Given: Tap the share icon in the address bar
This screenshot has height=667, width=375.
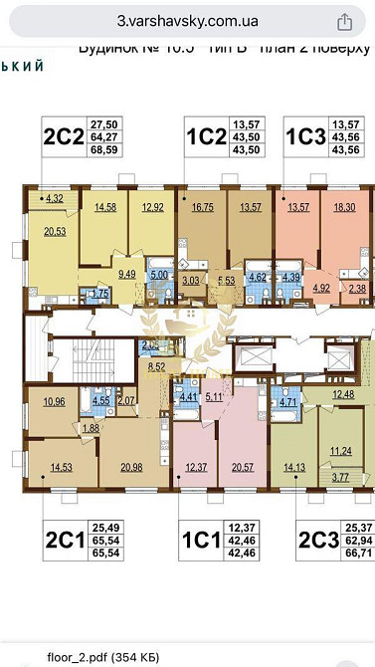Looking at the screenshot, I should (345, 21).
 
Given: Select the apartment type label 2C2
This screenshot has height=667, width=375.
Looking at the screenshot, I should (62, 135).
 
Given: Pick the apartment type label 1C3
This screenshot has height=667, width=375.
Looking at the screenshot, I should (305, 135).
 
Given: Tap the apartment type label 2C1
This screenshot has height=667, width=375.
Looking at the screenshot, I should (63, 542).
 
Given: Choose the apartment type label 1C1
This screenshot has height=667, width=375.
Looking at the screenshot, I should (198, 542).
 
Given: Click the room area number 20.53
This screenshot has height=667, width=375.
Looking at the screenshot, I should (53, 232).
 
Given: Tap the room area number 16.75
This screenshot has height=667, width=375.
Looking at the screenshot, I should (203, 208).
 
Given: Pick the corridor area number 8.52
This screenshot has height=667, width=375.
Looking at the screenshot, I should (155, 367).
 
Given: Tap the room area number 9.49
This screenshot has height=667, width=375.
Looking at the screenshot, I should (126, 273).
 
